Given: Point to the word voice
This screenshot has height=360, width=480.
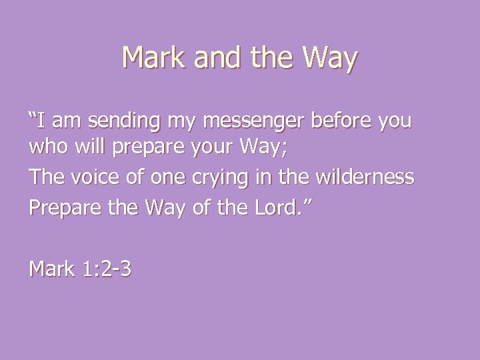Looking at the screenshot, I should click(87, 177).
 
